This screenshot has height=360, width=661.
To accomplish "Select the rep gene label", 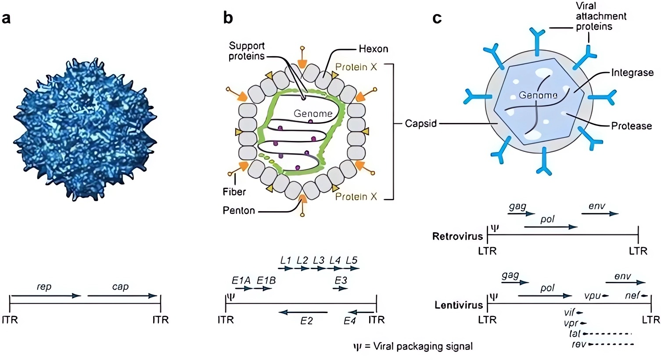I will (x=44, y=287).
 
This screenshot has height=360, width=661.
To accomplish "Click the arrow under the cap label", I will (x=122, y=296).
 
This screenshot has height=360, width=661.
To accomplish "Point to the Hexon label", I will (x=374, y=49).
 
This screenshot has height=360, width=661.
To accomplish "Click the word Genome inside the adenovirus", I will (x=313, y=113).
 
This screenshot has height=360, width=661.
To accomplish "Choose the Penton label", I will (x=239, y=211).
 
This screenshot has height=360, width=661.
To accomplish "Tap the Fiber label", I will (x=234, y=192).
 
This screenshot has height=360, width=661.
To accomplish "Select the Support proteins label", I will (x=247, y=51).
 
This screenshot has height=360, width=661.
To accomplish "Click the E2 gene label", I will (x=306, y=321).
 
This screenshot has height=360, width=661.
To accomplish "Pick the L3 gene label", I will (x=319, y=260).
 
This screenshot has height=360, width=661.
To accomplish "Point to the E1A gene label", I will (x=241, y=280).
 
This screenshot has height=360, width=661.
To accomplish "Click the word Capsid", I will (x=420, y=123).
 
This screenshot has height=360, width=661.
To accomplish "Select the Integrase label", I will (x=632, y=73).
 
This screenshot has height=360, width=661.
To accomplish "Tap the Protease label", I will (x=632, y=126).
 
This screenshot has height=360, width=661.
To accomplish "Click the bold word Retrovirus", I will (x=457, y=237).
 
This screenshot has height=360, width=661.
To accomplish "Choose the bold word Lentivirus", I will (x=459, y=305).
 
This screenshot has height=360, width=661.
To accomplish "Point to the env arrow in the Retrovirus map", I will (x=600, y=214).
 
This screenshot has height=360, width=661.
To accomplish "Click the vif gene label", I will (x=569, y=313).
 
